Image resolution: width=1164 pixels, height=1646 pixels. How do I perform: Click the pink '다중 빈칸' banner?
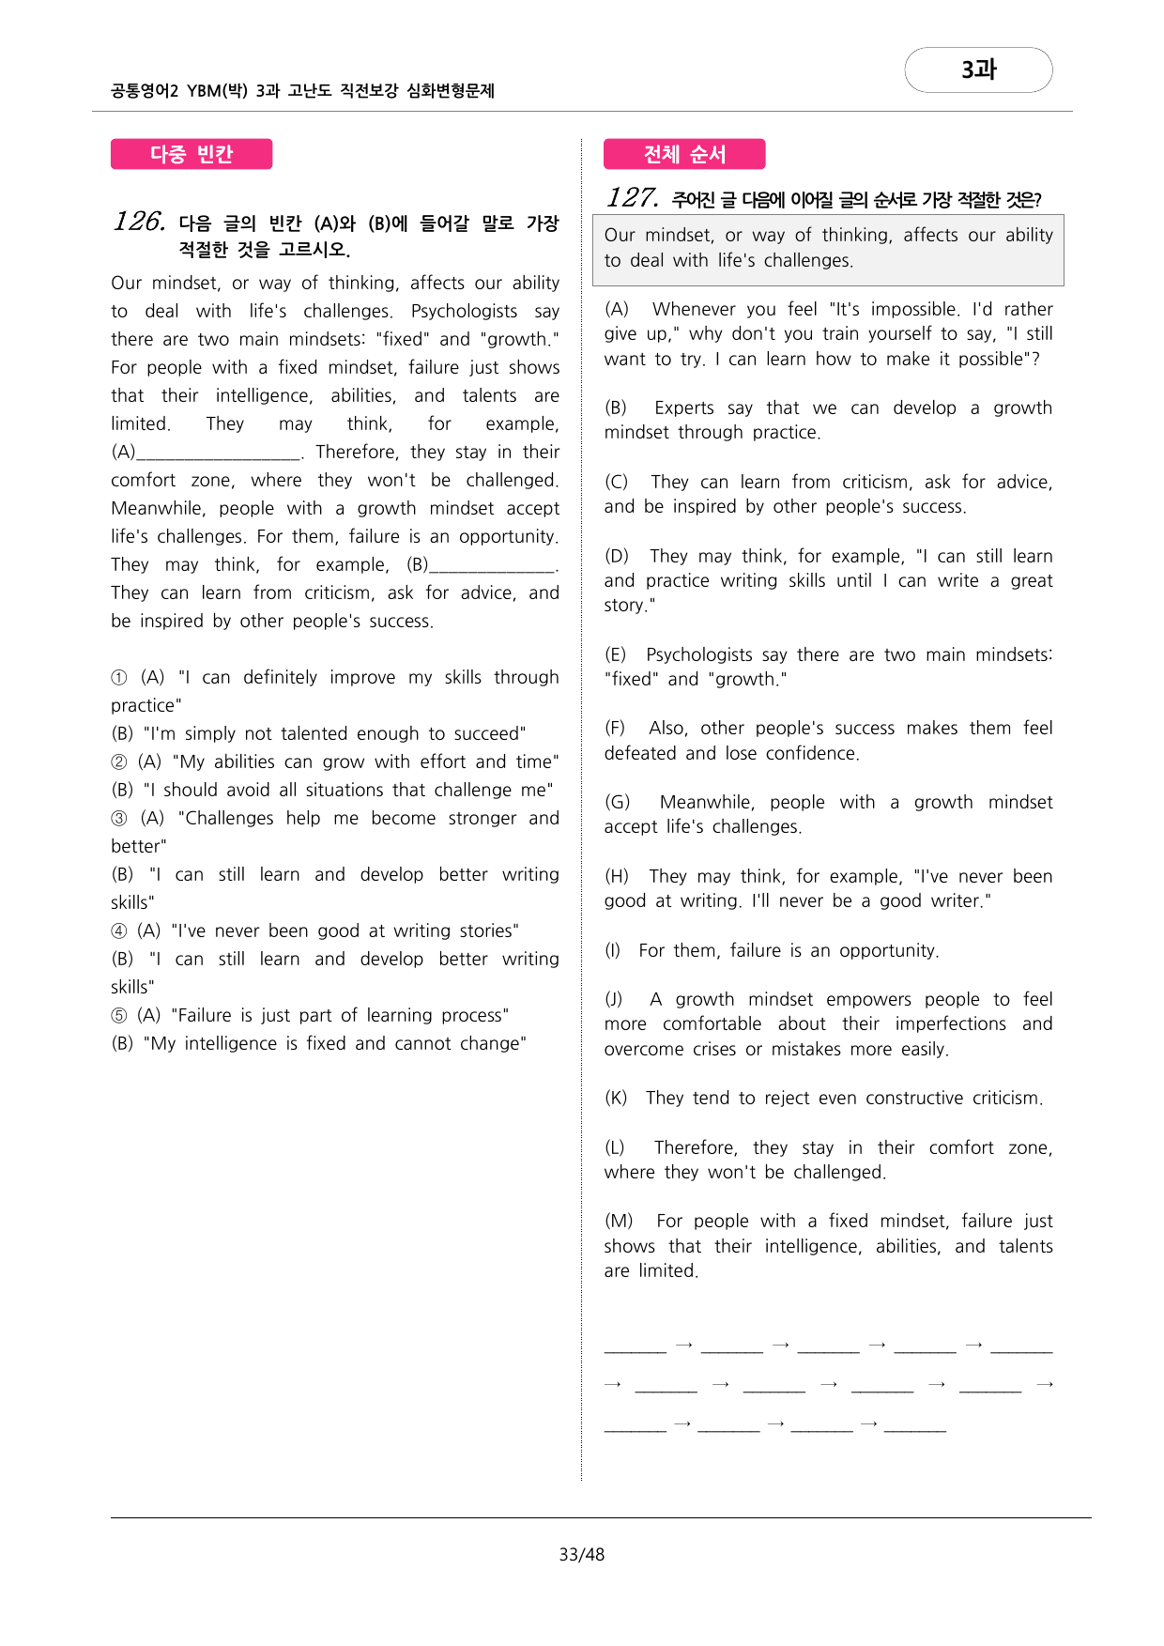point(191,154)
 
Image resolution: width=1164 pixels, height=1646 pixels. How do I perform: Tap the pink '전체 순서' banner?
point(684,154)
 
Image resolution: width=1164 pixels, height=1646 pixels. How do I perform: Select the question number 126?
point(139,222)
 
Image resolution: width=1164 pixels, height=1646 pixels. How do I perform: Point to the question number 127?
point(632,198)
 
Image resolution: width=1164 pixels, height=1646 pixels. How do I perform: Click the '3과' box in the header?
point(978,69)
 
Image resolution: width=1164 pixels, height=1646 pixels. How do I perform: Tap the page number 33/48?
point(581,1554)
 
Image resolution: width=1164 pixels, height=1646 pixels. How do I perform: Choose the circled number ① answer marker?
point(119,678)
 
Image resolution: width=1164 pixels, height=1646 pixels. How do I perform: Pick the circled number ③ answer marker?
point(119,819)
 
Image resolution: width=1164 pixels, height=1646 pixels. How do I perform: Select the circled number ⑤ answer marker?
point(119,1016)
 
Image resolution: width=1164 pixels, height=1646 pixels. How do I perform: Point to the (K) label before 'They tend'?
point(616,1098)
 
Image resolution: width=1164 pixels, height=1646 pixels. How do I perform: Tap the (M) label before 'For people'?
point(619,1221)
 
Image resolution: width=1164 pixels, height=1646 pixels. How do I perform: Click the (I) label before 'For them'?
point(613,950)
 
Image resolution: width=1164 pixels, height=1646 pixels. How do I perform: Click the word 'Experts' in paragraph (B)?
point(684,408)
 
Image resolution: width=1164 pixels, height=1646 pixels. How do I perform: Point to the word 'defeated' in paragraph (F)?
point(640,753)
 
